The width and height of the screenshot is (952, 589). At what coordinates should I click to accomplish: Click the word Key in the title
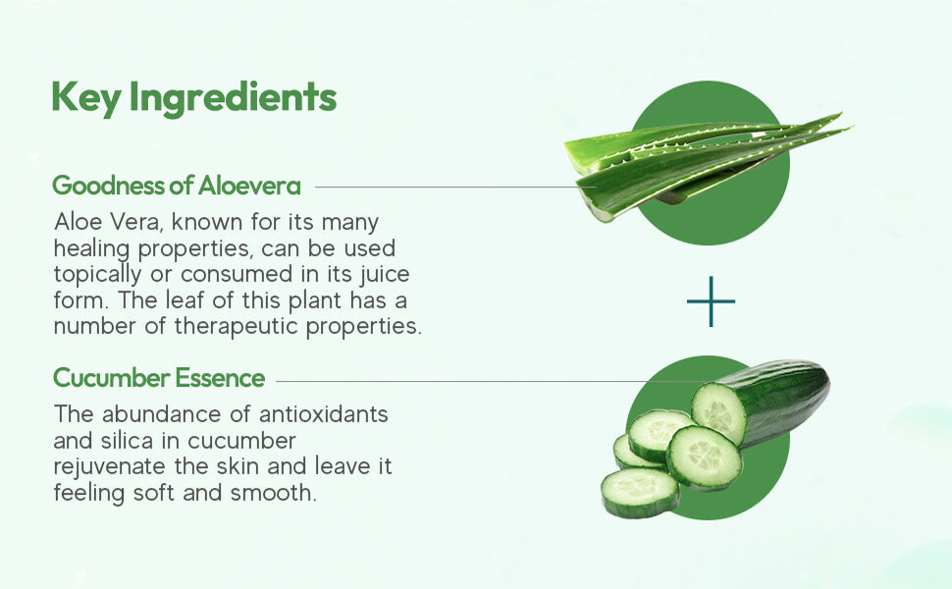pos(86,97)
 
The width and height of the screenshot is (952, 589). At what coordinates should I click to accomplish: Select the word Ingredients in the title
pos(234,97)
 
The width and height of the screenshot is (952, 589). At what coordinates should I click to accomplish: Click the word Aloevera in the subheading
pos(249,186)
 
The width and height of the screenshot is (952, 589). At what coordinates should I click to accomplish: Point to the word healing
pos(91,248)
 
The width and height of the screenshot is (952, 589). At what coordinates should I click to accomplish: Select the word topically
pos(97,275)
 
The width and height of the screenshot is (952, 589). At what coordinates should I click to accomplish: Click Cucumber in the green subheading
pos(111,378)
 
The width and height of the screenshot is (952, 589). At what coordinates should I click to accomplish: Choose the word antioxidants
pos(323,414)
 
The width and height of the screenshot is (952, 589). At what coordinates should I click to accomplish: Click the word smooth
pos(274,493)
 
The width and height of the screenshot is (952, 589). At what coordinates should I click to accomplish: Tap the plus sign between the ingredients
pos(711,301)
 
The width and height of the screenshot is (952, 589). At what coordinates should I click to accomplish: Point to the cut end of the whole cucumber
pos(718,413)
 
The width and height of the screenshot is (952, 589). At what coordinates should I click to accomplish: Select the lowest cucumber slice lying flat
pos(641,493)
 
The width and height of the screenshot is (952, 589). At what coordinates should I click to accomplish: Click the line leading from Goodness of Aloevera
pos(455,187)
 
